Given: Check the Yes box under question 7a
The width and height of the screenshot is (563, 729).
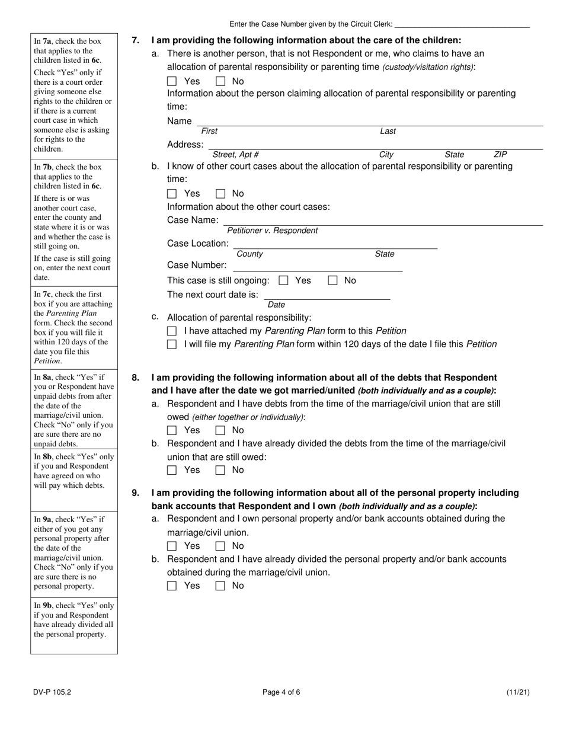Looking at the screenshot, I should (x=172, y=81).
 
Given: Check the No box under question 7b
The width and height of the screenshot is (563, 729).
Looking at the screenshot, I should (x=220, y=193).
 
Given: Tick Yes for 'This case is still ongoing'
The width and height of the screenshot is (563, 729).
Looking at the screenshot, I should (x=283, y=280).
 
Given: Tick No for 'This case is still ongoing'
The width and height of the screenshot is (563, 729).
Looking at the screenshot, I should (x=332, y=280).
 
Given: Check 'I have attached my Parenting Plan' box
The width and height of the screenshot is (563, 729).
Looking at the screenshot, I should (x=172, y=331).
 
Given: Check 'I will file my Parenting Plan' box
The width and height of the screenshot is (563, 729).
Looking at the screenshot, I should (x=172, y=344).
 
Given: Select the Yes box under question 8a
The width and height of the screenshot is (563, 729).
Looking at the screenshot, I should (x=172, y=430).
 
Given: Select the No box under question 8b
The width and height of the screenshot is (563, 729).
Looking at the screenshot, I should (x=220, y=470).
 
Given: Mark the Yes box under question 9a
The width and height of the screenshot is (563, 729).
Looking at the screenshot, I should (x=172, y=546).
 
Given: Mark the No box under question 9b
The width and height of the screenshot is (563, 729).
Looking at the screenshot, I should (x=220, y=586).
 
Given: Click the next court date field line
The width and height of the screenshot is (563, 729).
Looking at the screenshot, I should (x=327, y=295).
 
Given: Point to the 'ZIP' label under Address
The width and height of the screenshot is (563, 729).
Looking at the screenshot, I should (x=500, y=155).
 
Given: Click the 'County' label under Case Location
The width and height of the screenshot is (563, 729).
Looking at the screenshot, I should (x=249, y=254).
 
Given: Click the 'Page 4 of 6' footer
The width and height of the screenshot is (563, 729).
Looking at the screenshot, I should (x=281, y=692).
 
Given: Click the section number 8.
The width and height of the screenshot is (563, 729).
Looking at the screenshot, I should (x=136, y=378).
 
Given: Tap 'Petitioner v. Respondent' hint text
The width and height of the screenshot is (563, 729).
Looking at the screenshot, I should (x=272, y=231).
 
